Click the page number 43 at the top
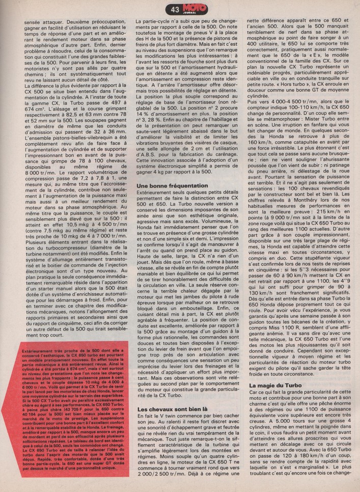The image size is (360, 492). [175, 9]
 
